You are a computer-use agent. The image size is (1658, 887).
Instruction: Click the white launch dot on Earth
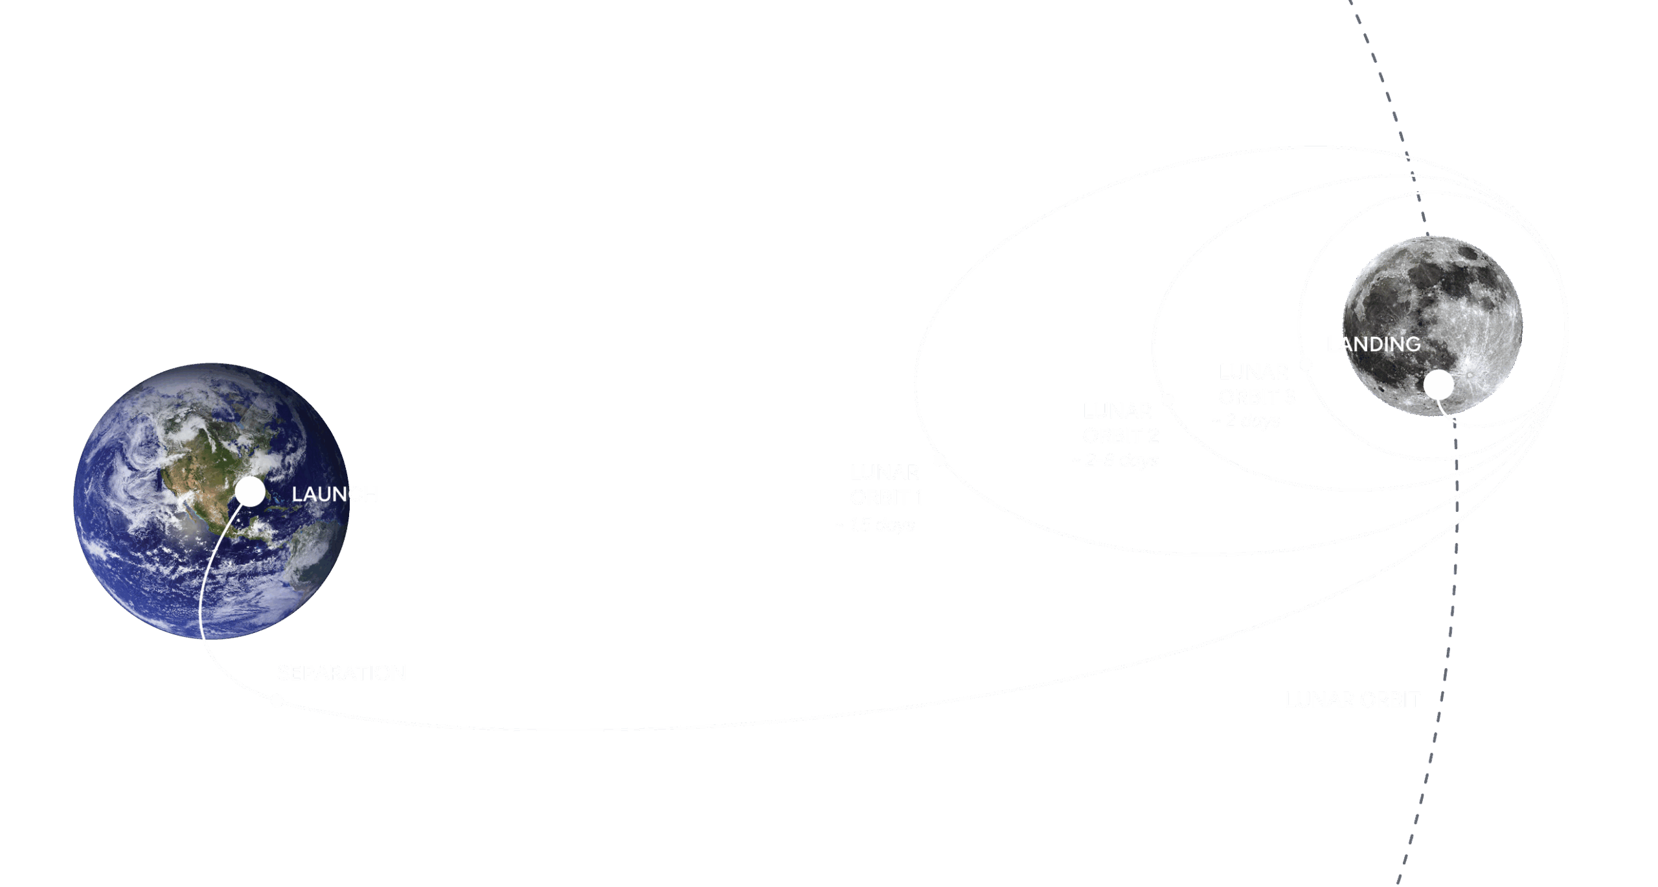[249, 492]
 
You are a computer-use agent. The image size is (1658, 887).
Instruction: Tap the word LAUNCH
[334, 494]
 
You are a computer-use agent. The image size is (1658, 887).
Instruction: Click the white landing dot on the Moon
[1438, 385]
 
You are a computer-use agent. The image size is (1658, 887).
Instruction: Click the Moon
[1432, 305]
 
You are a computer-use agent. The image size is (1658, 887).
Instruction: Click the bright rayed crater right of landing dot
[1471, 375]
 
